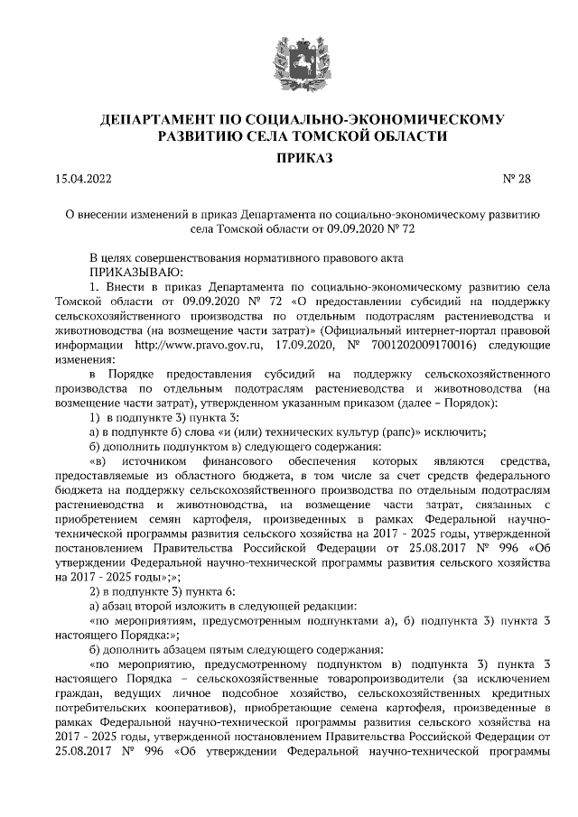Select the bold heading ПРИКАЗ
289,158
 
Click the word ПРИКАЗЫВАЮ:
135,272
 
